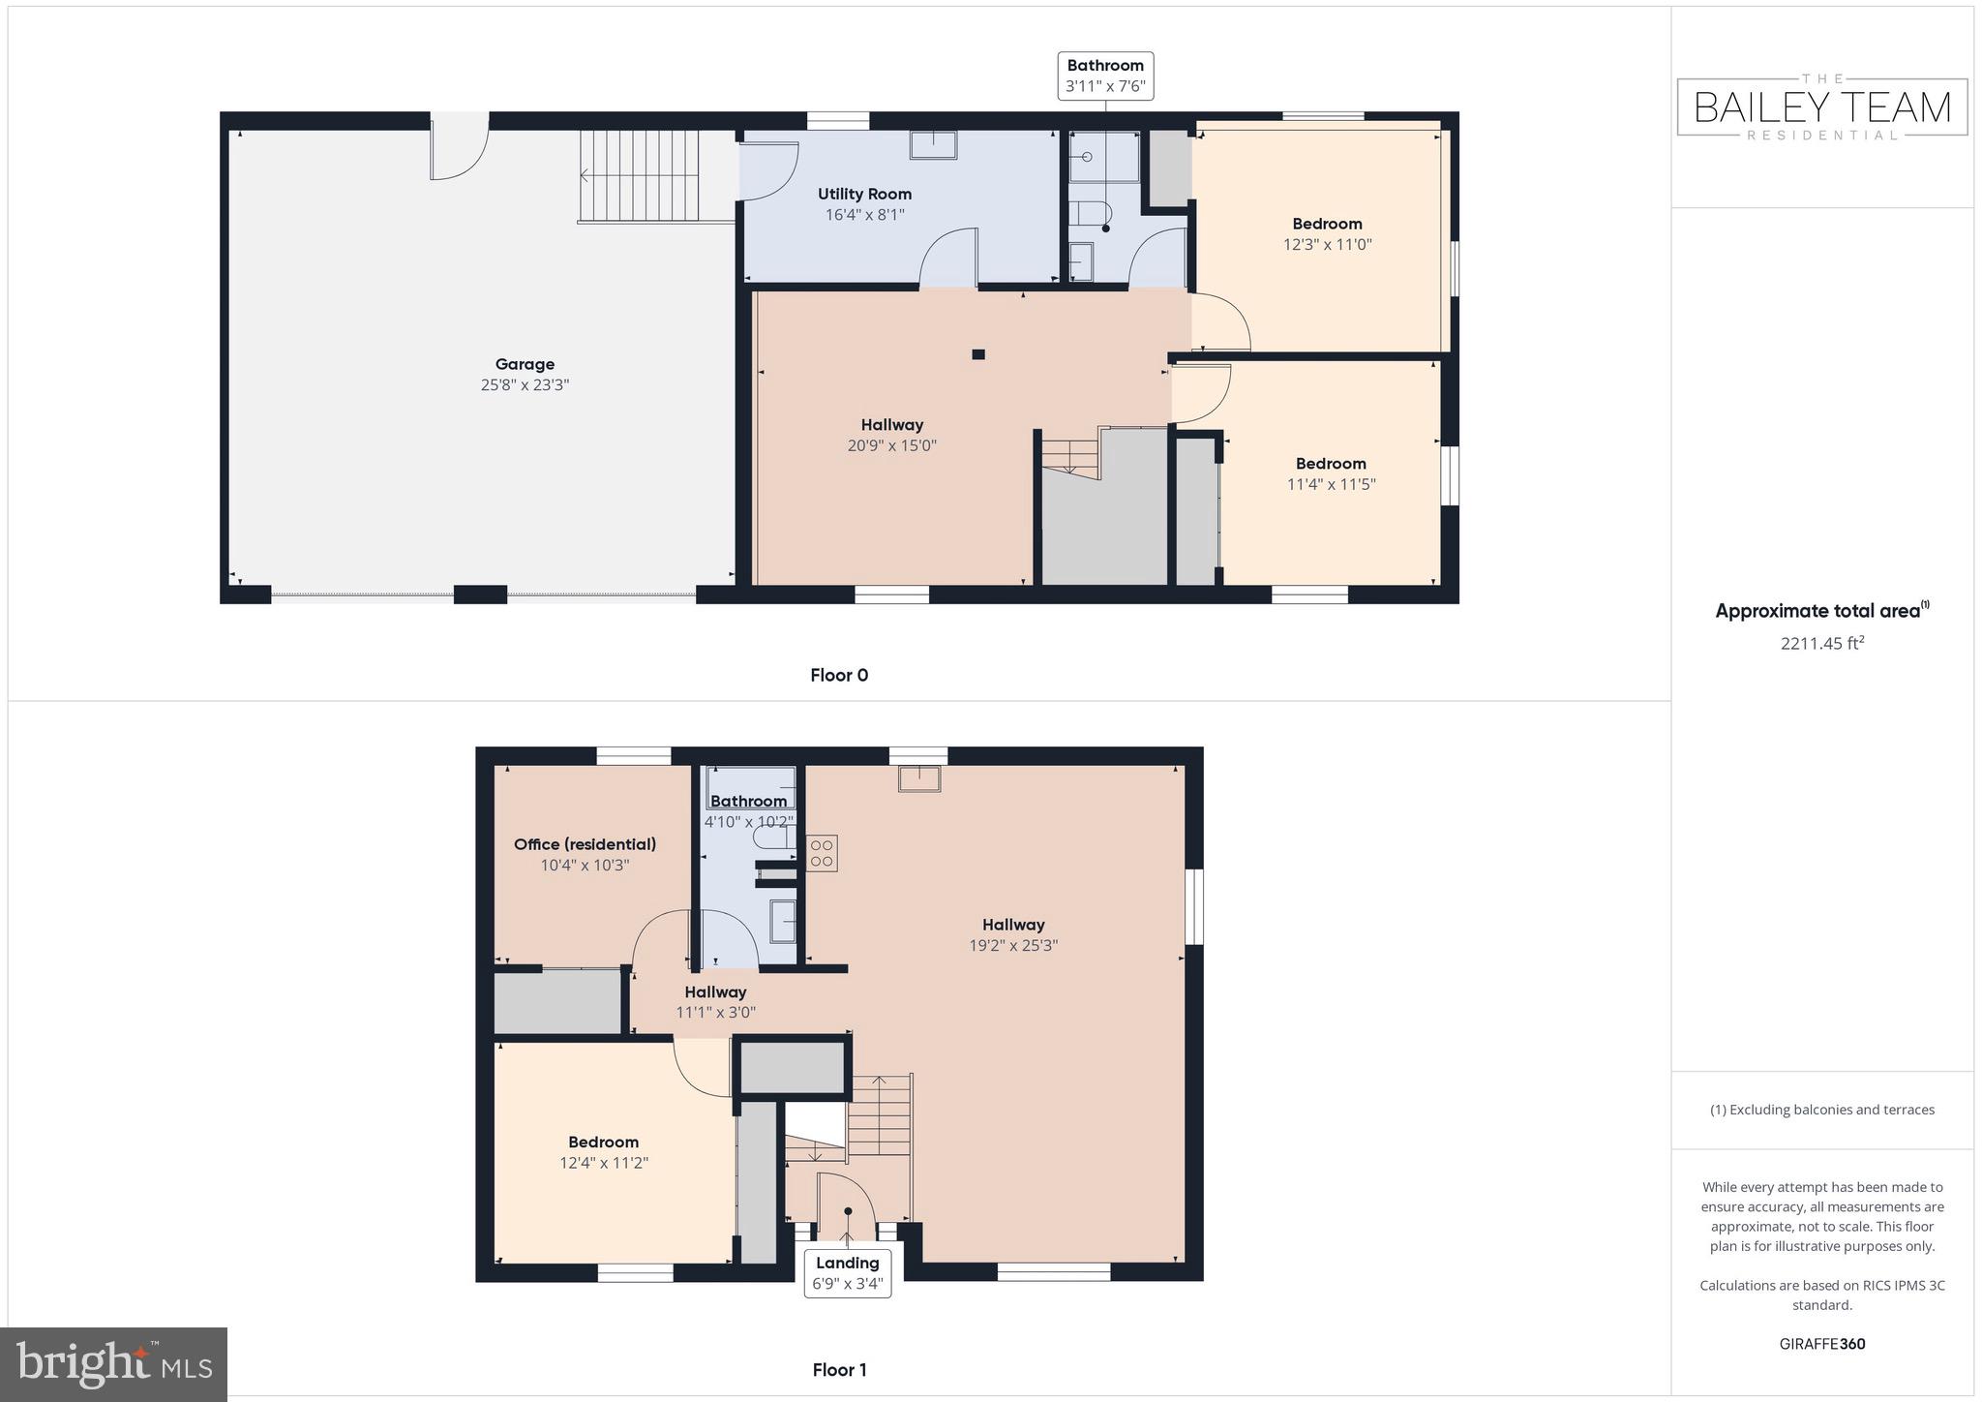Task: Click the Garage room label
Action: [x=525, y=364]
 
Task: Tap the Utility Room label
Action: [x=864, y=194]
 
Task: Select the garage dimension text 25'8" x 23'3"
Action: [x=525, y=384]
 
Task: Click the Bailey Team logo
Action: [x=1822, y=107]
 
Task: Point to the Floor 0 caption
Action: [x=839, y=675]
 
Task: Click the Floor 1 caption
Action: [x=839, y=1369]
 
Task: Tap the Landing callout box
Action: [x=847, y=1272]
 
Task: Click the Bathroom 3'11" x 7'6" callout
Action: [x=1105, y=76]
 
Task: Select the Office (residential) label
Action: [x=585, y=844]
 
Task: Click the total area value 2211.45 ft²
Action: [x=1822, y=643]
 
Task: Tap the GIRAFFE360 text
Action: [x=1822, y=1343]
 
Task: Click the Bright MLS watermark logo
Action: [x=114, y=1364]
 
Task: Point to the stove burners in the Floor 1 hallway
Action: [x=822, y=853]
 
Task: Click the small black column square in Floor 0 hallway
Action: [x=978, y=354]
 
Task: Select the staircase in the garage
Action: [x=639, y=175]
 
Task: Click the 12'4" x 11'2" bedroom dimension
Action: [x=604, y=1163]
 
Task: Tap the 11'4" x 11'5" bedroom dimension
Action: [x=1331, y=484]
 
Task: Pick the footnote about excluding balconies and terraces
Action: [x=1822, y=1110]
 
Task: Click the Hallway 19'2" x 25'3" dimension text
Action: [x=1013, y=945]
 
